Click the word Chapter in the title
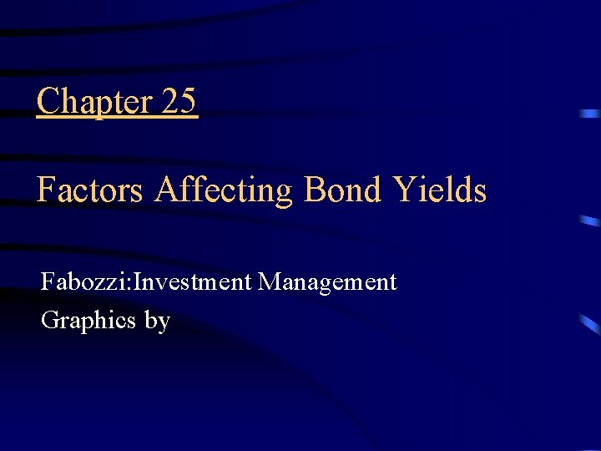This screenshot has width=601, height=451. pos(93,102)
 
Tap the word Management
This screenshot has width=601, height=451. pos(327,282)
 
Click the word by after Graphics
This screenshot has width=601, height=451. pos(157,321)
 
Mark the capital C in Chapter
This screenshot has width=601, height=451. pos(48,102)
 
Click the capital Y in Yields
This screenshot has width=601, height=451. pos(405,190)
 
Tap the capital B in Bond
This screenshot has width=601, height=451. pos(316,190)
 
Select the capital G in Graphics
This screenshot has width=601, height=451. pos(49,320)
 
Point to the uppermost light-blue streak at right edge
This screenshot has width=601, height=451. pos(590,113)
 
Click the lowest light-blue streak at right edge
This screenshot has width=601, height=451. pos(589,324)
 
